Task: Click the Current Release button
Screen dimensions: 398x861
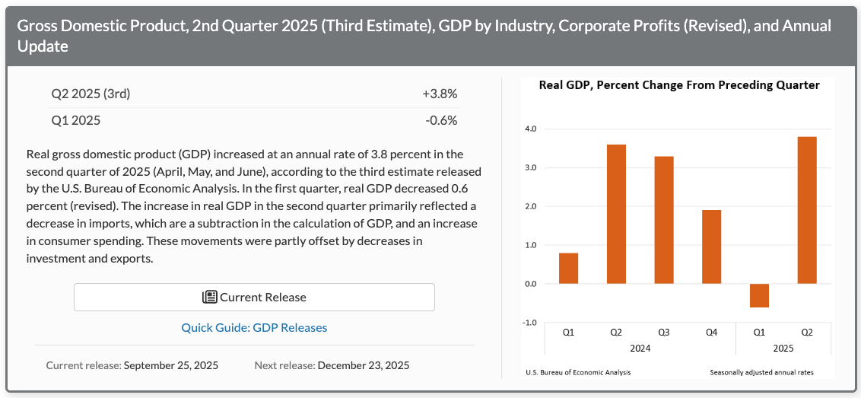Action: (254, 297)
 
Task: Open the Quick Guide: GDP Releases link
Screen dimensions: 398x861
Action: (254, 328)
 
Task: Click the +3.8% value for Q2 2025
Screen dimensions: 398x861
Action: (440, 94)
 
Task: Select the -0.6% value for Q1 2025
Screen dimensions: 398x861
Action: (441, 120)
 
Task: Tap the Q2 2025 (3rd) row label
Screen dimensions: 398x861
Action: (91, 94)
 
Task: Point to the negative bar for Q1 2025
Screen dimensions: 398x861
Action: (759, 295)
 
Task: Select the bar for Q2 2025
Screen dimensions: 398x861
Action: (807, 210)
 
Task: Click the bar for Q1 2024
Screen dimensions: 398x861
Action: (568, 268)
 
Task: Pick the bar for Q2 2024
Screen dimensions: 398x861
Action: (616, 214)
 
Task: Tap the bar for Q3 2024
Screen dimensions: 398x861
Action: (663, 220)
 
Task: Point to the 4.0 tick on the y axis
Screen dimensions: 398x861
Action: (529, 129)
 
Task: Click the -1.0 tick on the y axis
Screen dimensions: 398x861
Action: (529, 323)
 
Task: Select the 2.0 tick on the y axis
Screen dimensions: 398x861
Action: (529, 206)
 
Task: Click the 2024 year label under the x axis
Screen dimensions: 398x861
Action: (640, 348)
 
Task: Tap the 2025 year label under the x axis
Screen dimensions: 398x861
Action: (783, 348)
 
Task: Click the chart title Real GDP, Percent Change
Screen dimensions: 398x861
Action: (679, 85)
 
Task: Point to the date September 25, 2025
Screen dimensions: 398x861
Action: (170, 365)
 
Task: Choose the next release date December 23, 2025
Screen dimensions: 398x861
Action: (363, 365)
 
